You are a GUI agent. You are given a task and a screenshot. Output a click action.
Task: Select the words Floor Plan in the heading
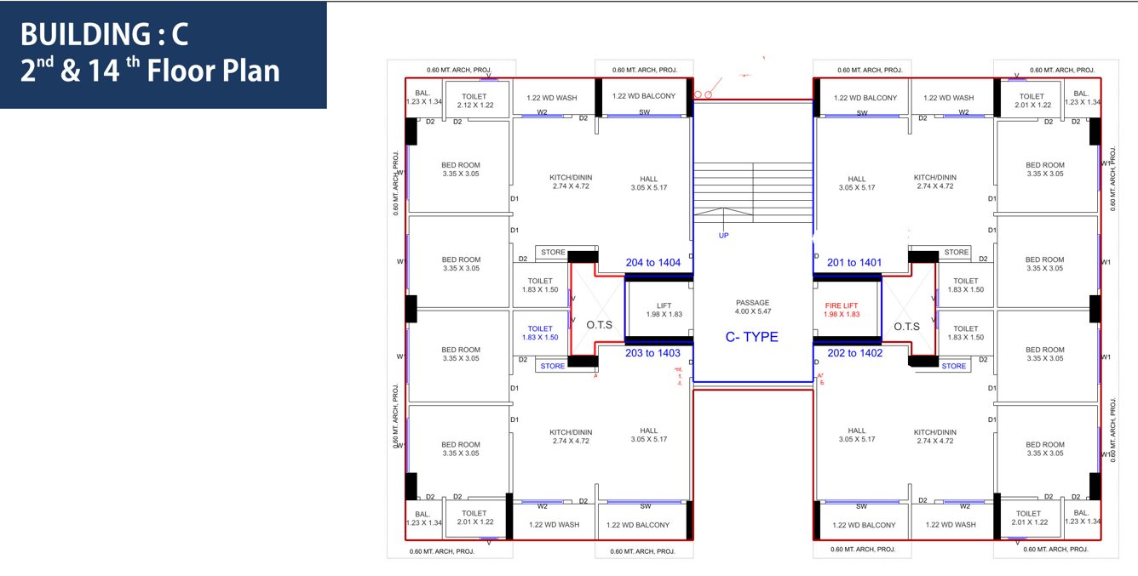(x=213, y=71)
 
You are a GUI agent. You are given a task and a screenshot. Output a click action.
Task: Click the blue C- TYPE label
(x=751, y=337)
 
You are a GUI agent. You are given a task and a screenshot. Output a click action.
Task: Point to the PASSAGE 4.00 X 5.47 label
(x=752, y=307)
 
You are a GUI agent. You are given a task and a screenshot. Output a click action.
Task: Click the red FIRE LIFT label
(x=842, y=310)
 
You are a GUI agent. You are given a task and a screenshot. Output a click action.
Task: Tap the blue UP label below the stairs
(x=723, y=236)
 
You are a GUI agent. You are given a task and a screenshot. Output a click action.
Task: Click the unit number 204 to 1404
(x=652, y=263)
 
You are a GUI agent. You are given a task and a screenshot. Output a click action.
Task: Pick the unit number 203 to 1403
(x=652, y=353)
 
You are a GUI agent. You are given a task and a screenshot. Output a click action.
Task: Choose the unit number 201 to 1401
(x=853, y=263)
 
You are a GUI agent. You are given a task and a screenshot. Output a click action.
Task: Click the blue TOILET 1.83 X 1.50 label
(x=540, y=333)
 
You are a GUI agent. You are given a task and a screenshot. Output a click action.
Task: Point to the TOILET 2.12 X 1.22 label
(x=474, y=100)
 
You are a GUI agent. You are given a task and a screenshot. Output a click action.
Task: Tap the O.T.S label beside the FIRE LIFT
(x=906, y=327)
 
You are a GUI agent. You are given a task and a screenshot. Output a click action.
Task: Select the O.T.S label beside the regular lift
(x=600, y=325)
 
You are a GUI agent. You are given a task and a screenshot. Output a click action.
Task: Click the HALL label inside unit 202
(x=856, y=435)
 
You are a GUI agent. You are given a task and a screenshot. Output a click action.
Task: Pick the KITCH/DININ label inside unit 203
(x=571, y=436)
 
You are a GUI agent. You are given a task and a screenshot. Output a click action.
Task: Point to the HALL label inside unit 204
(x=649, y=183)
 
